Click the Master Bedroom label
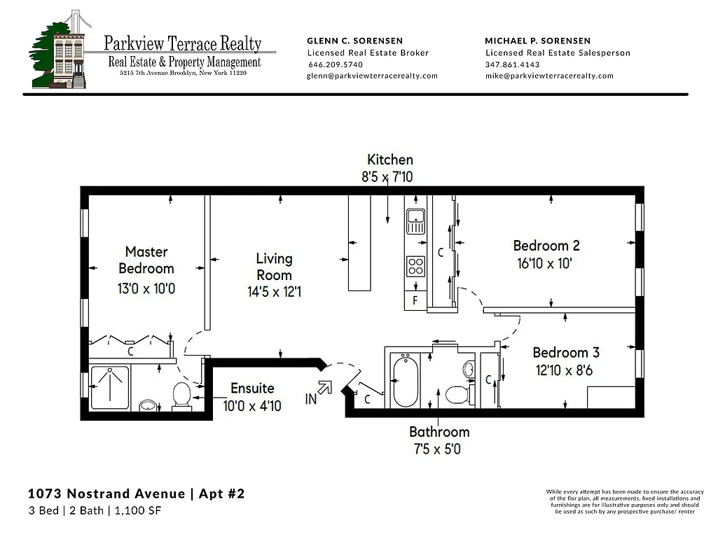(x=146, y=260)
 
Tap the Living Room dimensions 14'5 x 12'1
(x=274, y=291)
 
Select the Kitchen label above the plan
(x=390, y=160)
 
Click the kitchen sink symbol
(x=416, y=220)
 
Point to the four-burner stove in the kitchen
(x=416, y=267)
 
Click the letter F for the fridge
(x=415, y=301)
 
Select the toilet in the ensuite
(x=181, y=395)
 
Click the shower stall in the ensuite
(x=109, y=387)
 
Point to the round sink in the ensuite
(x=149, y=405)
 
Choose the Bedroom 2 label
(x=546, y=246)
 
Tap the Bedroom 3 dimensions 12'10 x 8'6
(x=565, y=370)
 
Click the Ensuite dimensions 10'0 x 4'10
(x=252, y=405)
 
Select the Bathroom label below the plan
(x=439, y=432)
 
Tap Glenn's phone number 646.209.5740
(x=336, y=64)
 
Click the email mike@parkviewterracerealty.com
(x=549, y=76)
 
